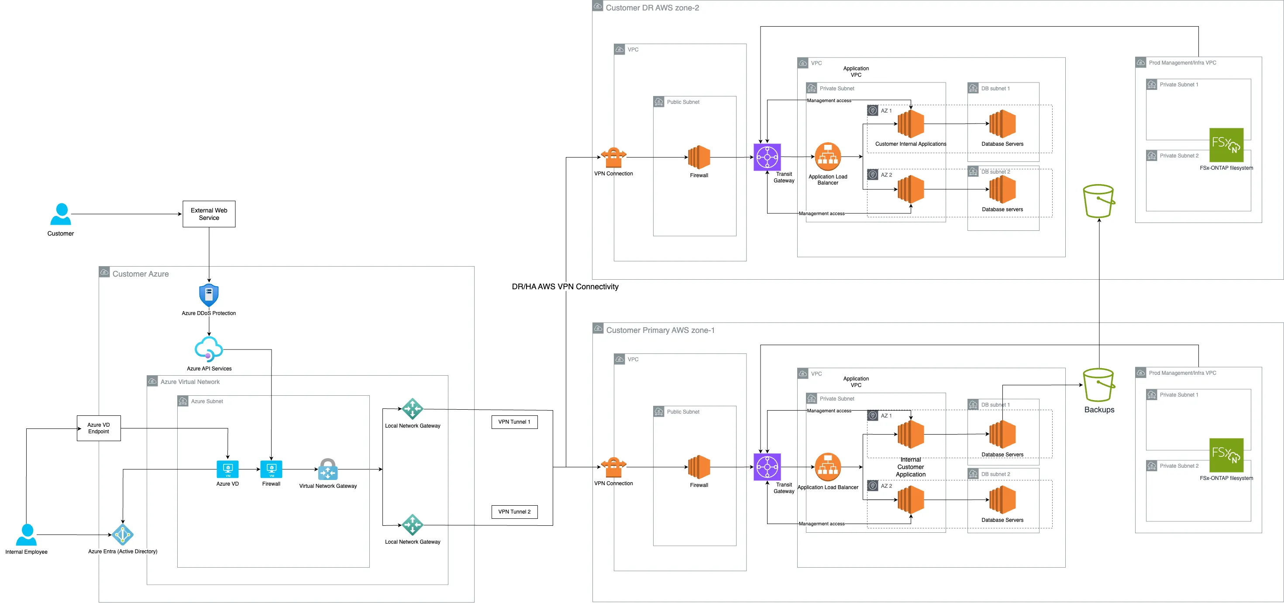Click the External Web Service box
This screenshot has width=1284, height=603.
[209, 214]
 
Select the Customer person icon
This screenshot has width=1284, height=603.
[61, 214]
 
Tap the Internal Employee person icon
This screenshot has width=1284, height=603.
[27, 535]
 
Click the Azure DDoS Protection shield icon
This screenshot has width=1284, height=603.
[209, 295]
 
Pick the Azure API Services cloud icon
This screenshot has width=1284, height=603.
[208, 349]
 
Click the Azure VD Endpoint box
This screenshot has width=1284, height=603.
[99, 428]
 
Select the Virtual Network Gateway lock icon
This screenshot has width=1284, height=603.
[327, 469]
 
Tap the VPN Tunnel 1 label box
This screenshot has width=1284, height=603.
[514, 422]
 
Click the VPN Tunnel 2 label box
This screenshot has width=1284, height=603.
[514, 512]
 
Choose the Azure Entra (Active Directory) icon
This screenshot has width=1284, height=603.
[123, 535]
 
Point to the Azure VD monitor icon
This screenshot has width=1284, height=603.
[227, 469]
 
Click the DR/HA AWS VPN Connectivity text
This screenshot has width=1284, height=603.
[565, 287]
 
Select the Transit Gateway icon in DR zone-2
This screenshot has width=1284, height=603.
[767, 157]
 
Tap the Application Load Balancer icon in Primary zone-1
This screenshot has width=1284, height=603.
[827, 467]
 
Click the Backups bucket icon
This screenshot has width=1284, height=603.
[1098, 385]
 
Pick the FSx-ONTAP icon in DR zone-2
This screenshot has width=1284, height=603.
[1226, 145]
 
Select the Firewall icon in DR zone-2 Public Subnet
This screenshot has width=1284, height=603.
[699, 158]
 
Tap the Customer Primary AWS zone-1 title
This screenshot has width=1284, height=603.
[660, 330]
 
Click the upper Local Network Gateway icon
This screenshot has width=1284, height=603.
[412, 409]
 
